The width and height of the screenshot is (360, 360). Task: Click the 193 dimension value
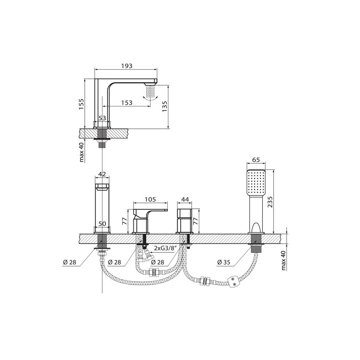coord(127,66)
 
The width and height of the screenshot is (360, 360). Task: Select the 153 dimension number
coord(127,102)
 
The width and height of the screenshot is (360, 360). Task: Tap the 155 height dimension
coord(82,104)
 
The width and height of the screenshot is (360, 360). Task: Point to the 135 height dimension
coord(164,106)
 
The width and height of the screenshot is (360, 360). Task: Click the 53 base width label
coord(102,118)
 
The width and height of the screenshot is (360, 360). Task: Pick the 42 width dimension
coord(102,174)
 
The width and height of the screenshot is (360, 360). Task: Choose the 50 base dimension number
coord(102,223)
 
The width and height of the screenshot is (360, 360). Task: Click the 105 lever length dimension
coord(150,199)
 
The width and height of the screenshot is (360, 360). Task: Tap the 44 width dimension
coord(185,199)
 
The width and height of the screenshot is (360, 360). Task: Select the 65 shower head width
coord(256,160)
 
